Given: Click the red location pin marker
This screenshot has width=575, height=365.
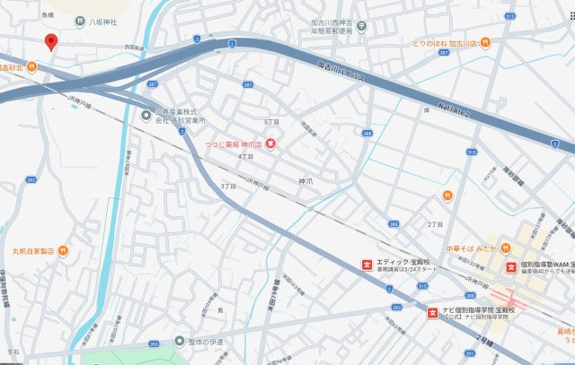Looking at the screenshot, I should (51, 41).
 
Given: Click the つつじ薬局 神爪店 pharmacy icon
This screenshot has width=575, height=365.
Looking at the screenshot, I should (271, 143).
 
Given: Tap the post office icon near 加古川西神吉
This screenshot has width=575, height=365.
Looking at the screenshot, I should (359, 27).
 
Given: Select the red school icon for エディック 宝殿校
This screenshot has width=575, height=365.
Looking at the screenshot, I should (367, 265).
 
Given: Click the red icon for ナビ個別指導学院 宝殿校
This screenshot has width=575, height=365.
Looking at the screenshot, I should (431, 313).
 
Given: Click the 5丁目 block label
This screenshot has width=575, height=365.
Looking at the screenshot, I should (271, 121).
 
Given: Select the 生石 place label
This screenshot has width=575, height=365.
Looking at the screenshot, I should (13, 352).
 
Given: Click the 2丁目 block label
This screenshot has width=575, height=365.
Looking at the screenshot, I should (435, 223).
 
